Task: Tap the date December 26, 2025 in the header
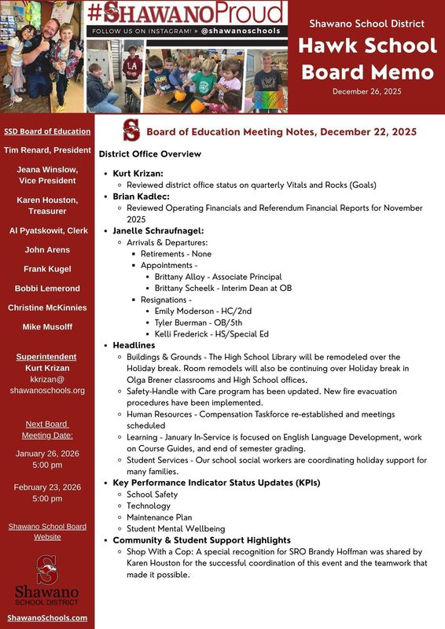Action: (x=366, y=91)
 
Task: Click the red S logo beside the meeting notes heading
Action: (x=131, y=131)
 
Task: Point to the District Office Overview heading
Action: (x=150, y=154)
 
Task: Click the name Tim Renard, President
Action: (x=47, y=149)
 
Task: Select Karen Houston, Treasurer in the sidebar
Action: (x=47, y=206)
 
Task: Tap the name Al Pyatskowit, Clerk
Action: (x=47, y=230)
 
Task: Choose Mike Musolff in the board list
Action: (x=47, y=326)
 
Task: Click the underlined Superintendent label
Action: (x=47, y=356)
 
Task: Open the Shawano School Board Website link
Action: (x=47, y=531)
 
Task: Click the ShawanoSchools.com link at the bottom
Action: (x=47, y=617)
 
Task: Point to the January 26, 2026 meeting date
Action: (x=47, y=454)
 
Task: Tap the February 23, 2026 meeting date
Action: (x=47, y=487)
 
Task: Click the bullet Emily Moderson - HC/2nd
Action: (x=200, y=311)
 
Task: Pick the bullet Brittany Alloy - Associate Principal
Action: (x=218, y=277)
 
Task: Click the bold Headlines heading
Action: (x=134, y=345)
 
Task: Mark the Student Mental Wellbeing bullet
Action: (x=175, y=528)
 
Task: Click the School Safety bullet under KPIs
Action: (x=152, y=495)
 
